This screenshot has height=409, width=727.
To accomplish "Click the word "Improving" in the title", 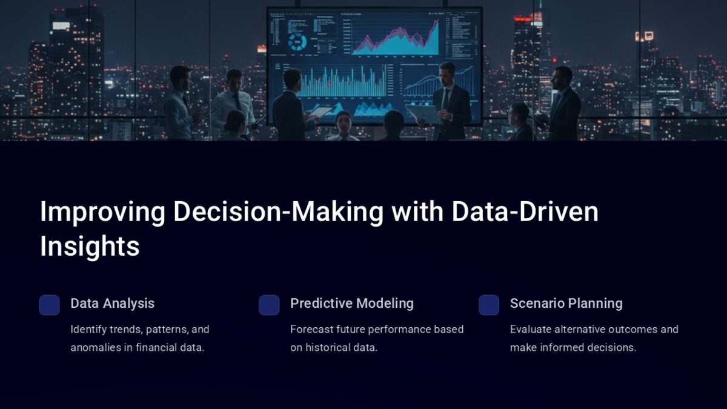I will tap(102, 212).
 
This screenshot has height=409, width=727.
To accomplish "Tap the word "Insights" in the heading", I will tap(90, 247).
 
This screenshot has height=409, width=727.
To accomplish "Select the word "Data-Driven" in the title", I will tap(525, 212).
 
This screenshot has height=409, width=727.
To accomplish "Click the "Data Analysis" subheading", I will tap(112, 304).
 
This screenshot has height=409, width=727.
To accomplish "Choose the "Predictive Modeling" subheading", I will tap(351, 304).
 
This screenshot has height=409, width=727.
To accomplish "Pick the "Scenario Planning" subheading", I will tap(566, 304).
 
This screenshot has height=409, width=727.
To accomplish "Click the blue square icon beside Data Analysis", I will tap(50, 305).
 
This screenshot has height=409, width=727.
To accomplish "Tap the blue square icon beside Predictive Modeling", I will tap(269, 305).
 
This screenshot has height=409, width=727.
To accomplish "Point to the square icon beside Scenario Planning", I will tap(489, 305).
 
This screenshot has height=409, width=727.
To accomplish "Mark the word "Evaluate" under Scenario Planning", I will tap(530, 330).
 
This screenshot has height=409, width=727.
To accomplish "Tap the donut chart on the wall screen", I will tap(297, 41).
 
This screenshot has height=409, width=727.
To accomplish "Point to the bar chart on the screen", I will tap(342, 82).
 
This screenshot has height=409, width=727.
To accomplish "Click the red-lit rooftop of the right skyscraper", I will tap(523, 18).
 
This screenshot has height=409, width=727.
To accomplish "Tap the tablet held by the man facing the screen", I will tap(321, 111).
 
